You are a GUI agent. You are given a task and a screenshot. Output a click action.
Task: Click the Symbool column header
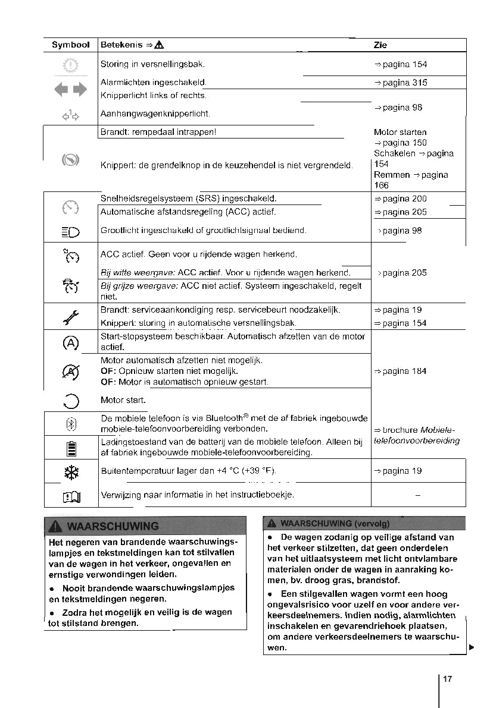pyautogui.click(x=70, y=45)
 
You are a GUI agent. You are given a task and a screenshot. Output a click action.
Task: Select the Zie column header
pyautogui.click(x=380, y=45)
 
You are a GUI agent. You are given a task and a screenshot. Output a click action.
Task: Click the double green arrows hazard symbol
pyautogui.click(x=71, y=90)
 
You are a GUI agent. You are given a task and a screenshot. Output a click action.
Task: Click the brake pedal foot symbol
pyautogui.click(x=71, y=160)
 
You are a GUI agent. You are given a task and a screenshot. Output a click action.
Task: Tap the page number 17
pyautogui.click(x=448, y=679)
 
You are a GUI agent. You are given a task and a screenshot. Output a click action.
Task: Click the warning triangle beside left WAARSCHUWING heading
pyautogui.click(x=57, y=526)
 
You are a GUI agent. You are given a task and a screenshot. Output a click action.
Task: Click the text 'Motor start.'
pyautogui.click(x=123, y=400)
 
